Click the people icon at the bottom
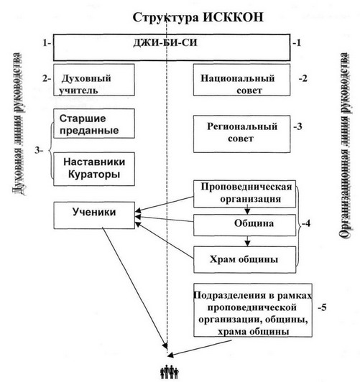(167, 372)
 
